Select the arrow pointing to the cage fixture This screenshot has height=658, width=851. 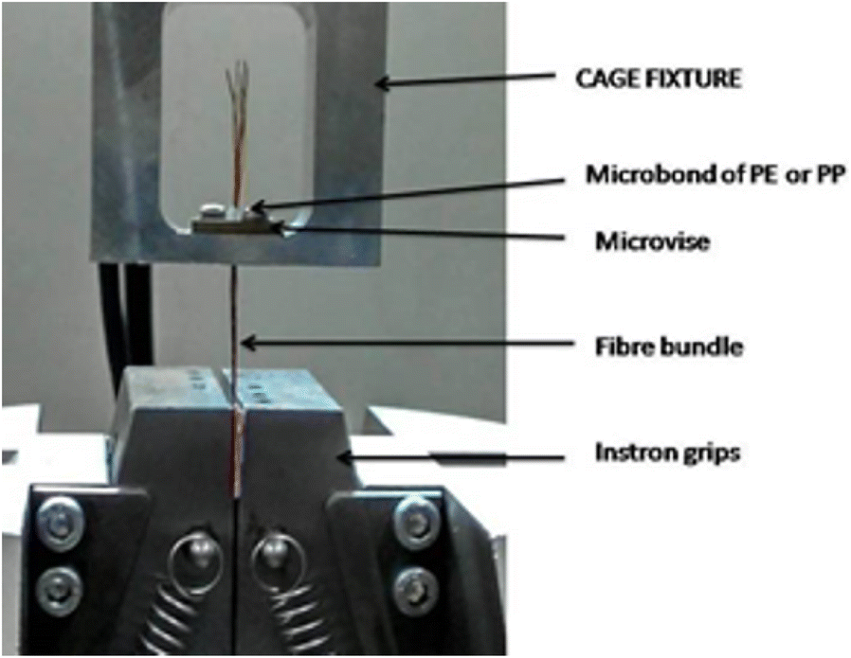click(463, 82)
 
